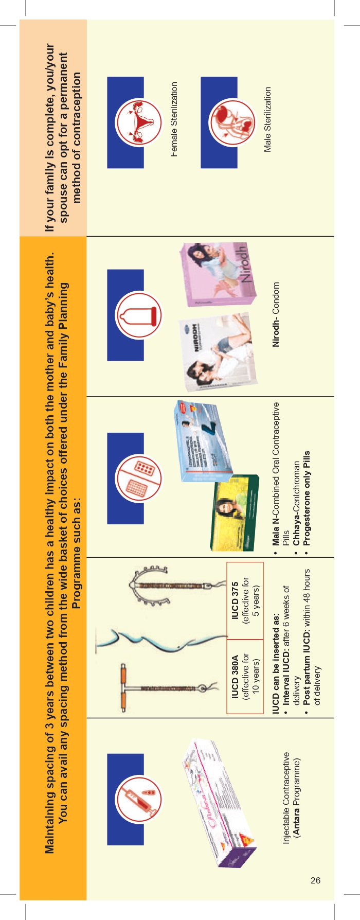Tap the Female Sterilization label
pos(174,119)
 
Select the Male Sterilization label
pos(267,119)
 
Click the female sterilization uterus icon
pos(137,122)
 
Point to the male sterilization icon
pos(231,122)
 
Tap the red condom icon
pos(139,315)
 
